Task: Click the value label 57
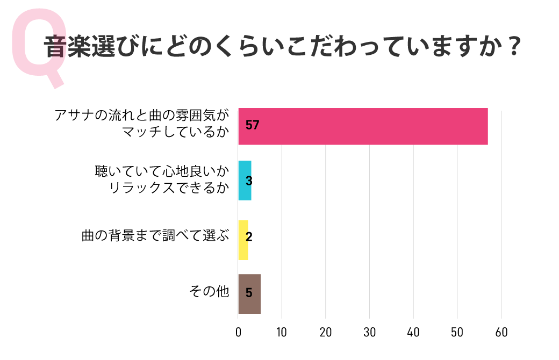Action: (252, 126)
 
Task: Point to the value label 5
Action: (248, 293)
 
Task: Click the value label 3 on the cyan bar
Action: (248, 181)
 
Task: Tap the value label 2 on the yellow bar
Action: (248, 237)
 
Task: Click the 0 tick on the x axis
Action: (238, 332)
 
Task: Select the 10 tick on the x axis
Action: (282, 332)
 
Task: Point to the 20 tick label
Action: (326, 332)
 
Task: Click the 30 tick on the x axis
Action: (369, 332)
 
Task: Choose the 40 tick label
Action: (413, 332)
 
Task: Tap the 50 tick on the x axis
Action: (457, 332)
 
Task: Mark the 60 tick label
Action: (501, 332)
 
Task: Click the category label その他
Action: (209, 292)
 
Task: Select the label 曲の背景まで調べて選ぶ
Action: (155, 236)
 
